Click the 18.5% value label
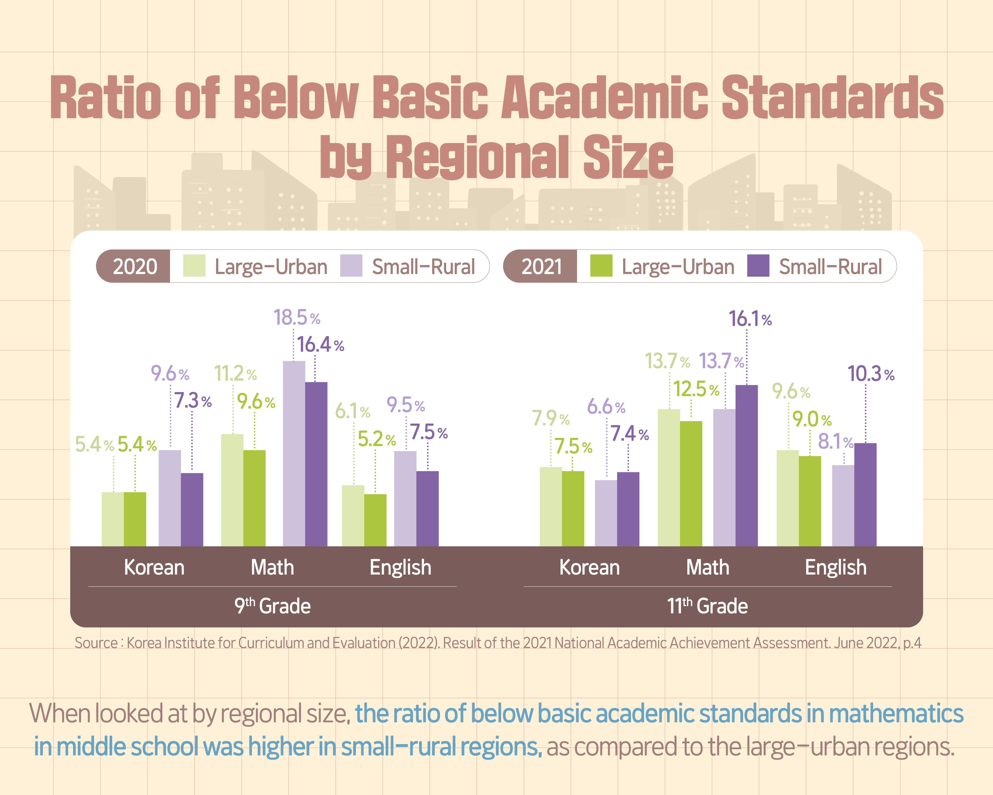coord(296,318)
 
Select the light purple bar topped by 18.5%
coord(294,454)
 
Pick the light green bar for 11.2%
coord(232,490)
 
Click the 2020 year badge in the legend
coord(134,266)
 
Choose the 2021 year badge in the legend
coord(541,266)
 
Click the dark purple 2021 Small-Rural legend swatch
coord(758,266)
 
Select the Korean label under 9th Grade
coord(154,567)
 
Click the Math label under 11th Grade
coord(707,567)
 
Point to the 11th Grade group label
coord(707,606)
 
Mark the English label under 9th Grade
coord(400,567)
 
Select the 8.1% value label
coord(835,441)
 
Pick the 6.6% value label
coord(606,407)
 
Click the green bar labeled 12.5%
coord(691,483)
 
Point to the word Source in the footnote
coord(96,643)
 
